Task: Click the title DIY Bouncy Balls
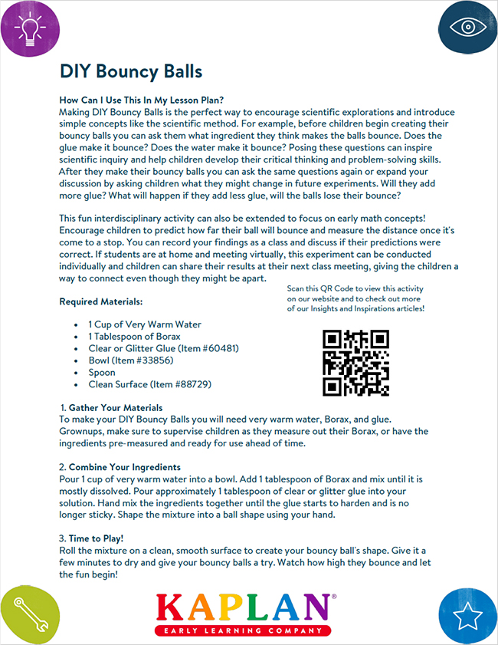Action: pos(131,71)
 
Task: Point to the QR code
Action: pos(355,363)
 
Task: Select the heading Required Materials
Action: pos(101,301)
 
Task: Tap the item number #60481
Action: pos(217,348)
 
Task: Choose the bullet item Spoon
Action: pos(103,372)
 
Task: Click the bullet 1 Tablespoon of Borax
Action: pos(134,336)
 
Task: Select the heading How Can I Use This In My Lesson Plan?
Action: pos(141,100)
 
